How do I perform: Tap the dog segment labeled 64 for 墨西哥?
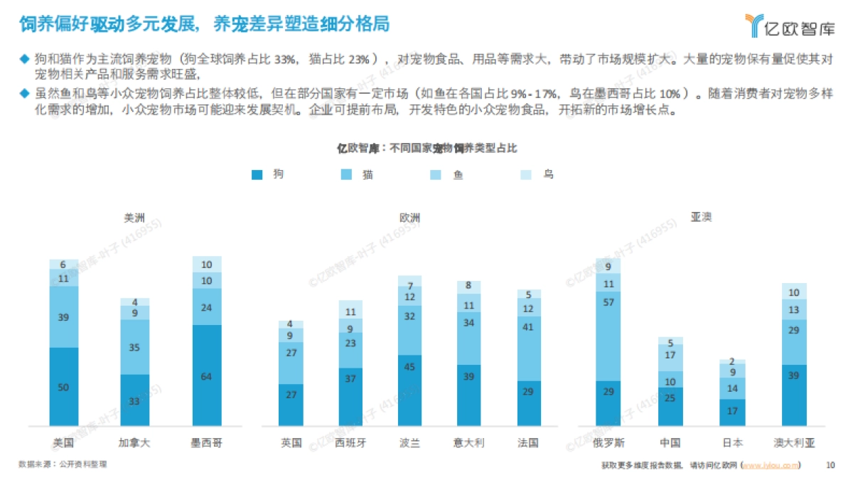click(206, 375)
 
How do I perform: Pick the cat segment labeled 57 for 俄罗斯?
click(608, 336)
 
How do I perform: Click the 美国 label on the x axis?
click(63, 442)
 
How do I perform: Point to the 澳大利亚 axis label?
click(794, 442)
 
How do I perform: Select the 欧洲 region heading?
click(409, 218)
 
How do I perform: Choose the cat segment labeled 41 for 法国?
click(528, 348)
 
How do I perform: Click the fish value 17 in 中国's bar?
click(670, 355)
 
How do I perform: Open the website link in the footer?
click(771, 465)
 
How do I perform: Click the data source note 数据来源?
click(64, 464)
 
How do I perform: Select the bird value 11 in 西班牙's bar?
click(350, 312)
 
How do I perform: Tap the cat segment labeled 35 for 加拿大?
click(134, 348)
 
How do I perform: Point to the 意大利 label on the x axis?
click(469, 442)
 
